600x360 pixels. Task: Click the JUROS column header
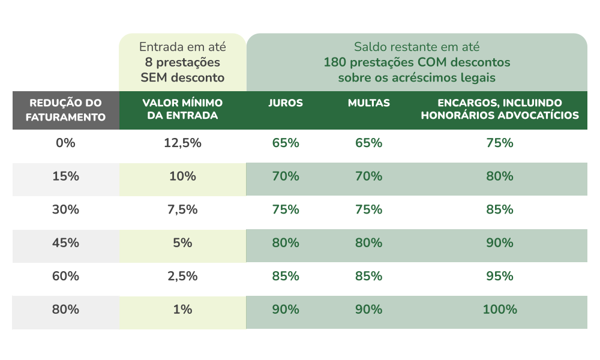point(286,103)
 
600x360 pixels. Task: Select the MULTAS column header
point(368,103)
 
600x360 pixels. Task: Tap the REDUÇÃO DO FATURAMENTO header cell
point(65,110)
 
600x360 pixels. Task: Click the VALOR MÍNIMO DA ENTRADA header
point(182,110)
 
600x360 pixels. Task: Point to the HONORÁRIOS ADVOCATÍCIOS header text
point(500,116)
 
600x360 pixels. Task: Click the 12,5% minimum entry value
point(182,143)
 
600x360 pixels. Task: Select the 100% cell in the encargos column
point(500,310)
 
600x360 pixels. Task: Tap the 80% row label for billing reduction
point(65,310)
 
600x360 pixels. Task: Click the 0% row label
point(65,143)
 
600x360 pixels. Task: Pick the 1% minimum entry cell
point(182,310)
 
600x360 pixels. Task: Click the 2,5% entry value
point(182,277)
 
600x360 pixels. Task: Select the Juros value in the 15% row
point(286,176)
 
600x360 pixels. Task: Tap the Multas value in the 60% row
point(368,277)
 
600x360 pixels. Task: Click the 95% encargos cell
point(500,277)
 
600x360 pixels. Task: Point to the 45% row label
point(65,243)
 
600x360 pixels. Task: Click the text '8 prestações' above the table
point(182,62)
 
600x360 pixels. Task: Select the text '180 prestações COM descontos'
point(416,62)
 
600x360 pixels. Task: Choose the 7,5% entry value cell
point(182,210)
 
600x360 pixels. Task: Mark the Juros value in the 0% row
point(286,143)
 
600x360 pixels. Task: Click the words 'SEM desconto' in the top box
point(182,77)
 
